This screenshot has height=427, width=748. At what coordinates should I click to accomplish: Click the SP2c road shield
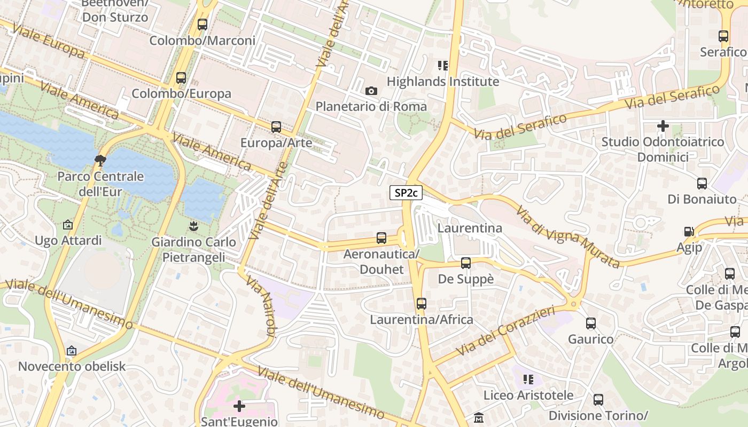[x=406, y=193]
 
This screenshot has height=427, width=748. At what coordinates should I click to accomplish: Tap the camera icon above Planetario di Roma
[x=371, y=91]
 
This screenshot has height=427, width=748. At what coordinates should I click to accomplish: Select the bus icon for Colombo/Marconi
[x=202, y=25]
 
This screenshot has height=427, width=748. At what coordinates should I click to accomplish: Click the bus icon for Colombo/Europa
[x=181, y=78]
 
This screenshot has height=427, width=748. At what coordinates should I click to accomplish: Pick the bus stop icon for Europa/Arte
[x=276, y=127]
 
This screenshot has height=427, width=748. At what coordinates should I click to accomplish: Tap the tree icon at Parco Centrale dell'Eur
[x=100, y=160]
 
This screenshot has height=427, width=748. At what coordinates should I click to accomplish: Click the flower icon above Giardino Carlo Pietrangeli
[x=193, y=226]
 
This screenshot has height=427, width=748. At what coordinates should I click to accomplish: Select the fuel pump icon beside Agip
[x=689, y=232]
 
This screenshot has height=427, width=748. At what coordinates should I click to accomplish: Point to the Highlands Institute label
[x=442, y=82]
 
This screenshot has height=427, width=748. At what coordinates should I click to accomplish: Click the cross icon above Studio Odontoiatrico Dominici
[x=663, y=126]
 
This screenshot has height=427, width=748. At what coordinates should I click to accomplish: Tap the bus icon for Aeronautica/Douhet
[x=381, y=238]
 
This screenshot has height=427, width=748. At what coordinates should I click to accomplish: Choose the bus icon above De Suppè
[x=465, y=263]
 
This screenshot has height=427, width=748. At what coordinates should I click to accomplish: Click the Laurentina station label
[x=470, y=228]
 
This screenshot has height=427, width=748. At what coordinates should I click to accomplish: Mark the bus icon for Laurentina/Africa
[x=422, y=304]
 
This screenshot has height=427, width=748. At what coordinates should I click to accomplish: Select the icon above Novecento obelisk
[x=72, y=351]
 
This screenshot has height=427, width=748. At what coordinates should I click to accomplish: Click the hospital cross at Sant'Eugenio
[x=239, y=406]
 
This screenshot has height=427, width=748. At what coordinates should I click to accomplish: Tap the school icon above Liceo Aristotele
[x=528, y=379]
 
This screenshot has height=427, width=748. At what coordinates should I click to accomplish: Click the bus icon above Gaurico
[x=590, y=323]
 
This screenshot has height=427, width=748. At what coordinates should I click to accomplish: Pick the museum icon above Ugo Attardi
[x=68, y=225]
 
